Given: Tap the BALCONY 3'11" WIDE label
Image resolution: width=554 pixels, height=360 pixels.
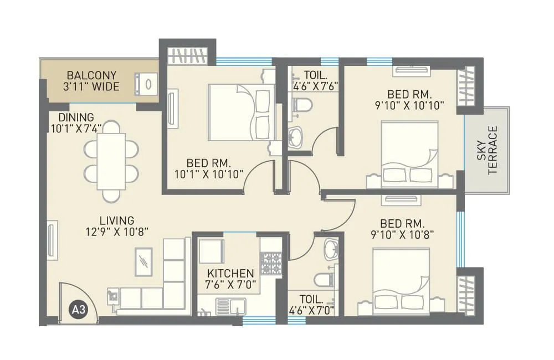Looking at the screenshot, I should [92, 81].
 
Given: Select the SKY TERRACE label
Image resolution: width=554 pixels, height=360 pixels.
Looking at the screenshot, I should [486, 150].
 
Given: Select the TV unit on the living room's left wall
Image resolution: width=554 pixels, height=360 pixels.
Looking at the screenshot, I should [52, 240].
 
